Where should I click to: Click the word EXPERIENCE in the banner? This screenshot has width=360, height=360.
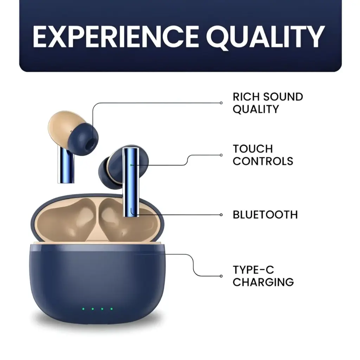[116, 36]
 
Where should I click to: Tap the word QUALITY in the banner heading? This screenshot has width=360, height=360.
[265, 36]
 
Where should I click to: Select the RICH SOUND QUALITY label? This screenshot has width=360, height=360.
[268, 103]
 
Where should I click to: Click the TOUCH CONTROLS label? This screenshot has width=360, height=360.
[263, 155]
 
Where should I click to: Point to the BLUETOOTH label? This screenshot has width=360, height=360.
[265, 214]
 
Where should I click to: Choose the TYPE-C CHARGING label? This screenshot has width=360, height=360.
[263, 276]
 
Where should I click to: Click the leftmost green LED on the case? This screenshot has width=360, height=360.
[83, 309]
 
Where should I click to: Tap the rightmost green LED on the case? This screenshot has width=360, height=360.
[111, 309]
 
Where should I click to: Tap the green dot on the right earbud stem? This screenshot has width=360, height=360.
[131, 165]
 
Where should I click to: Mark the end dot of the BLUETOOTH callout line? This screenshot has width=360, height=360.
[221, 214]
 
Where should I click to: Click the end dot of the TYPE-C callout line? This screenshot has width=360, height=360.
[221, 276]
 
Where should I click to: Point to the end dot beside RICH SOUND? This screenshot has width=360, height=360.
[221, 103]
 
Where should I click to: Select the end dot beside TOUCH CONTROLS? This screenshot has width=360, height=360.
[221, 155]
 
